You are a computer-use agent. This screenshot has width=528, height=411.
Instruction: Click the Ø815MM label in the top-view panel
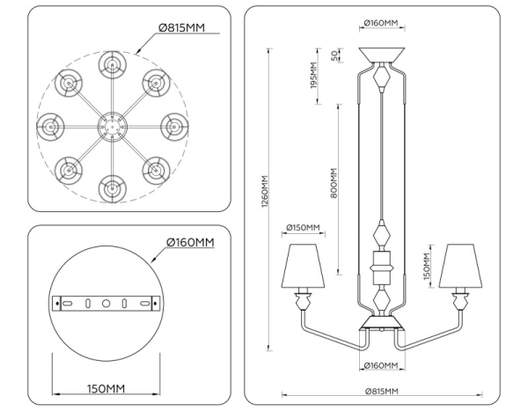pos(181,28)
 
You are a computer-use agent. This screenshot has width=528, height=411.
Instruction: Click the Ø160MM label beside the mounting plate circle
pos(191,243)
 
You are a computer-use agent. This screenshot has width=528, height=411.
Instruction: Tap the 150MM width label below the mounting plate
pos(105,388)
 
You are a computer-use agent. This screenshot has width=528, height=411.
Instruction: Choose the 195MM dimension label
pos(313,82)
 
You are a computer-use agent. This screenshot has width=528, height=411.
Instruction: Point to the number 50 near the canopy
pos(334,55)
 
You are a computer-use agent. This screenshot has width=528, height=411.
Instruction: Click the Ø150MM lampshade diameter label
pos(304,229)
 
